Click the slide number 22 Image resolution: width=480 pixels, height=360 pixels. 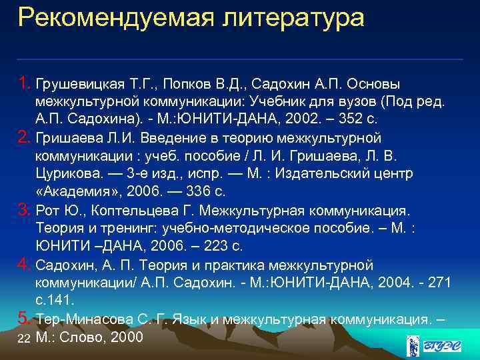pos(24,339)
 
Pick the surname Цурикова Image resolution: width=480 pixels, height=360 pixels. pos(64,173)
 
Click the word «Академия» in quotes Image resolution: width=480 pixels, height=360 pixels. pos(73,191)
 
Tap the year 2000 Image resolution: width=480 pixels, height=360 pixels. pos(127,337)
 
